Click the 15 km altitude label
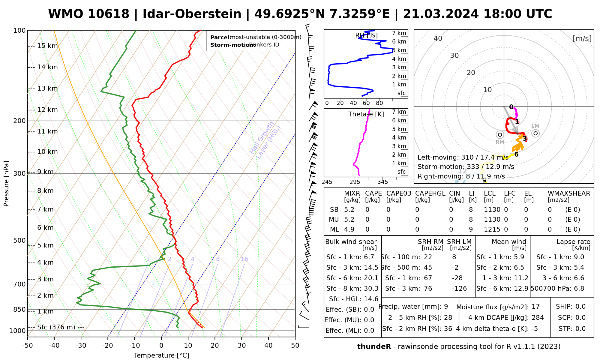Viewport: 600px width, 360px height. coord(47,46)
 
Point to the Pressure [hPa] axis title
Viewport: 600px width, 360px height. coord(6,184)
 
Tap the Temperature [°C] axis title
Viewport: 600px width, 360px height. coord(161,355)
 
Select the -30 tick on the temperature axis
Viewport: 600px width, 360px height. coord(81,346)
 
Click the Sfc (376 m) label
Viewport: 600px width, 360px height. coord(56,327)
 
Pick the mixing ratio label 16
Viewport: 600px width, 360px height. coord(244,259)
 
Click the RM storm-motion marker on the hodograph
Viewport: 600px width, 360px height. coord(500,135)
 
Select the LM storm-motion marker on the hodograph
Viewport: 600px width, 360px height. coord(535,133)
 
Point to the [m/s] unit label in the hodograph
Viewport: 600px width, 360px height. coord(582,39)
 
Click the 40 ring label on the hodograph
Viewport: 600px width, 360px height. coord(438,38)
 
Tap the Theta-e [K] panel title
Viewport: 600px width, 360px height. coord(366,114)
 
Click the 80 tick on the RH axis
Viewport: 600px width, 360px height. coord(379,103)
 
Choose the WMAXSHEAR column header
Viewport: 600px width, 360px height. coord(569,193)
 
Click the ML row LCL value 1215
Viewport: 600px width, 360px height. coord(492,229)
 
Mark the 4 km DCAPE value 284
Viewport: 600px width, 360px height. coord(538,318)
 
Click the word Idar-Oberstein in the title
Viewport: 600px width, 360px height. coord(192,14)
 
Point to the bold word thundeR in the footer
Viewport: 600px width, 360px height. coord(374,347)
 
